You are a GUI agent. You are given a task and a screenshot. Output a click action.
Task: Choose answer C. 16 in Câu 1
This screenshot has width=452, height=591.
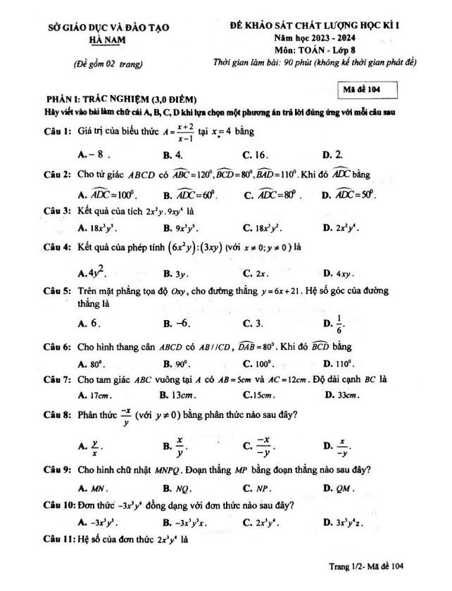click(x=253, y=153)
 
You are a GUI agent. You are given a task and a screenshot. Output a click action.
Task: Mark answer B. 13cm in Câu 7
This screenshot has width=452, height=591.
click(x=179, y=395)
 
